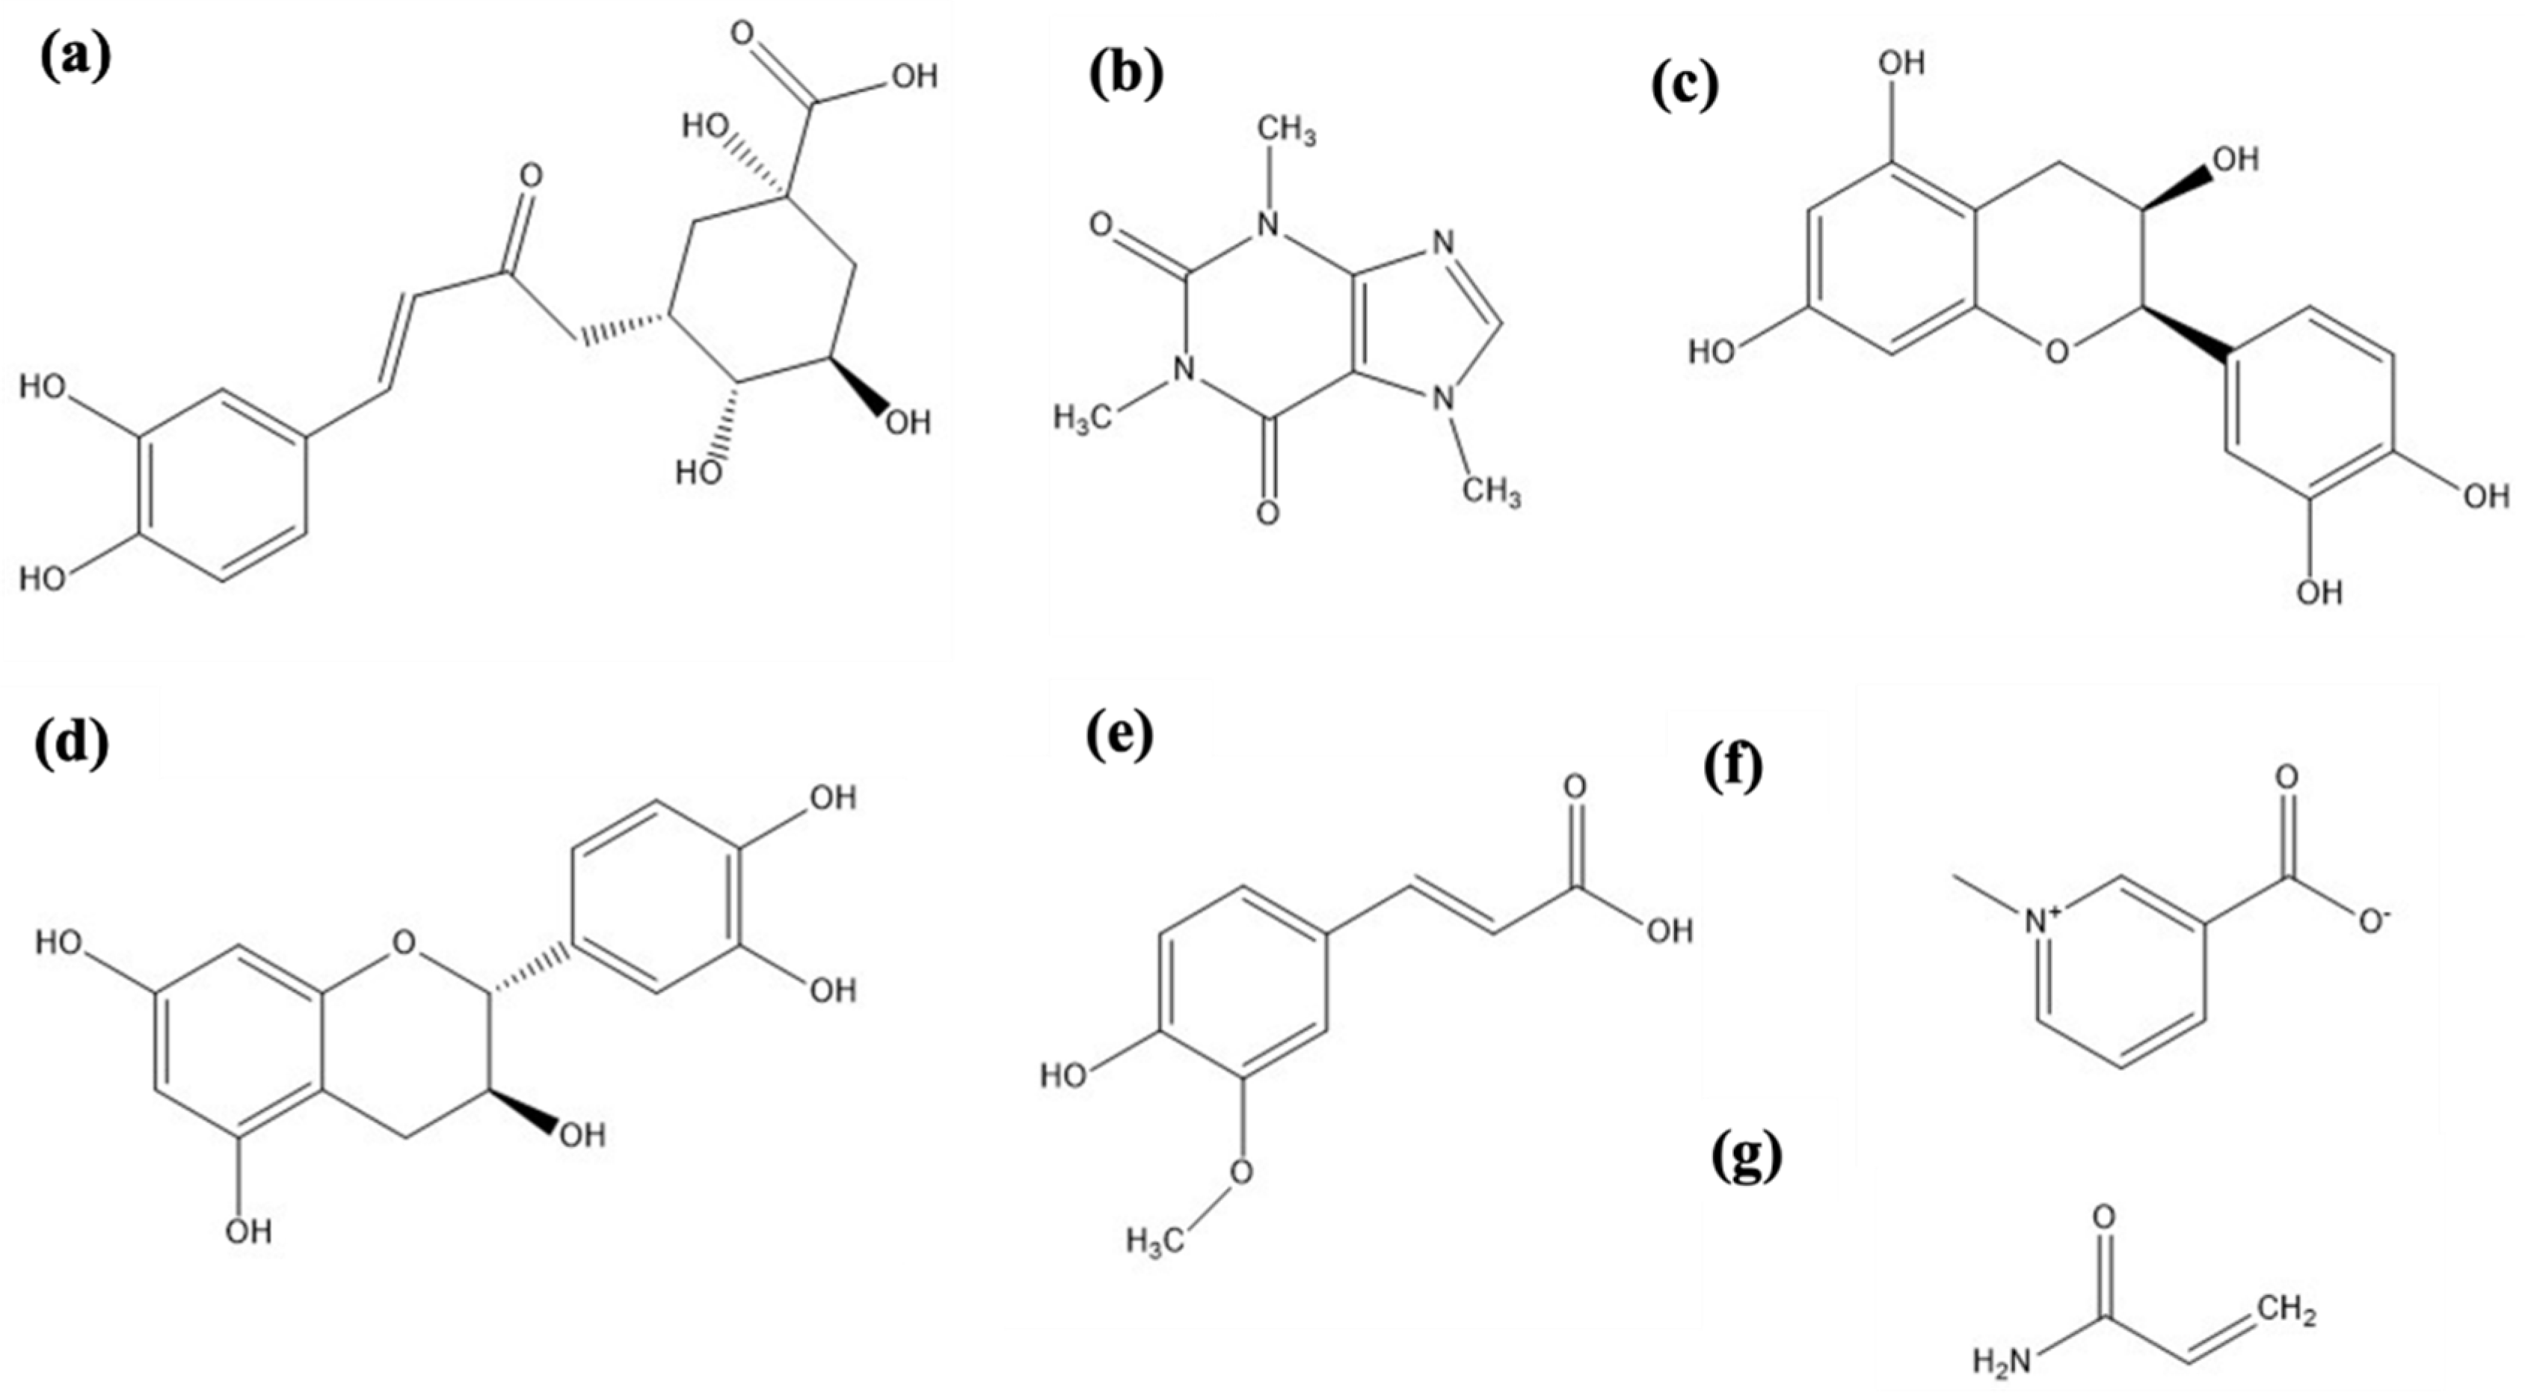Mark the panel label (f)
pyautogui.click(x=1733, y=766)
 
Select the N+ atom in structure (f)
pyautogui.click(x=2043, y=920)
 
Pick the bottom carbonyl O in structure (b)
pyautogui.click(x=1267, y=513)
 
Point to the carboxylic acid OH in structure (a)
pyautogui.click(x=911, y=76)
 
